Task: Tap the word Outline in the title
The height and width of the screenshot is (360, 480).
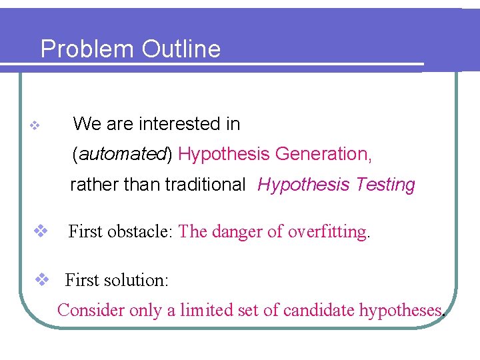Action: (x=181, y=49)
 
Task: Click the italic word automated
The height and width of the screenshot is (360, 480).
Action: (x=123, y=155)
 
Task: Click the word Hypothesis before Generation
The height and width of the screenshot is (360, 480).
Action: (x=224, y=155)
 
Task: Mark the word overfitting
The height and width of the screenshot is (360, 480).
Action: (x=328, y=232)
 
